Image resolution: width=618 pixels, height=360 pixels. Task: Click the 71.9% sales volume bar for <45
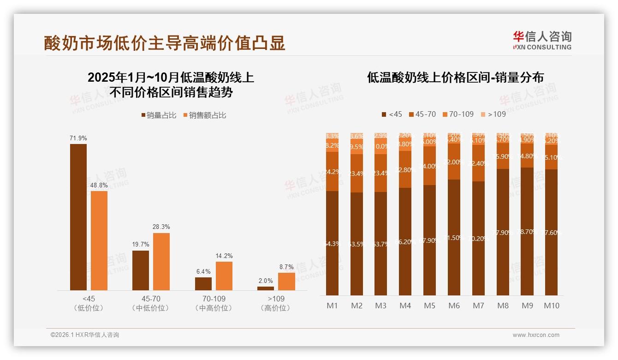pos(78,217)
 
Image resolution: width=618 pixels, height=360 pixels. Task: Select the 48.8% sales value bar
pos(99,240)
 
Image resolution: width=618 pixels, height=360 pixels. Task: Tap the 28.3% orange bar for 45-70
pos(161,261)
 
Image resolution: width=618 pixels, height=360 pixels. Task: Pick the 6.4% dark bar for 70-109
pos(203,283)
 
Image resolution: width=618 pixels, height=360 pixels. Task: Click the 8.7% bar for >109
pos(286,281)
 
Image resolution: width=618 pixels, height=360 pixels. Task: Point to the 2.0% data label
pos(265,281)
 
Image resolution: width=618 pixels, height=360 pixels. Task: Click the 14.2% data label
pos(224,256)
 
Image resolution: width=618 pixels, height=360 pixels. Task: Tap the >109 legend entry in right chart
pos(493,114)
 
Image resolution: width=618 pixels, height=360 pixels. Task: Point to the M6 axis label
pos(454,306)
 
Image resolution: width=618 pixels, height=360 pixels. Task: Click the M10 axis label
pos(551,306)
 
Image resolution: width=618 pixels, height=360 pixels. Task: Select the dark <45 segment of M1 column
pos(332,243)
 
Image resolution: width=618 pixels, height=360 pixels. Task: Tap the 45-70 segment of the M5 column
pos(429,165)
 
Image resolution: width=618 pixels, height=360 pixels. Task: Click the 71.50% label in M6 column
pos(454,238)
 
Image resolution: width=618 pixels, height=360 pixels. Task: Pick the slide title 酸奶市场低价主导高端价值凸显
pos(165,42)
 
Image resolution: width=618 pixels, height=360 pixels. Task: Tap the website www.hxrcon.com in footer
pos(536,335)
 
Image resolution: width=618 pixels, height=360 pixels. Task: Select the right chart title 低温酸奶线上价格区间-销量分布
pos(455,77)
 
